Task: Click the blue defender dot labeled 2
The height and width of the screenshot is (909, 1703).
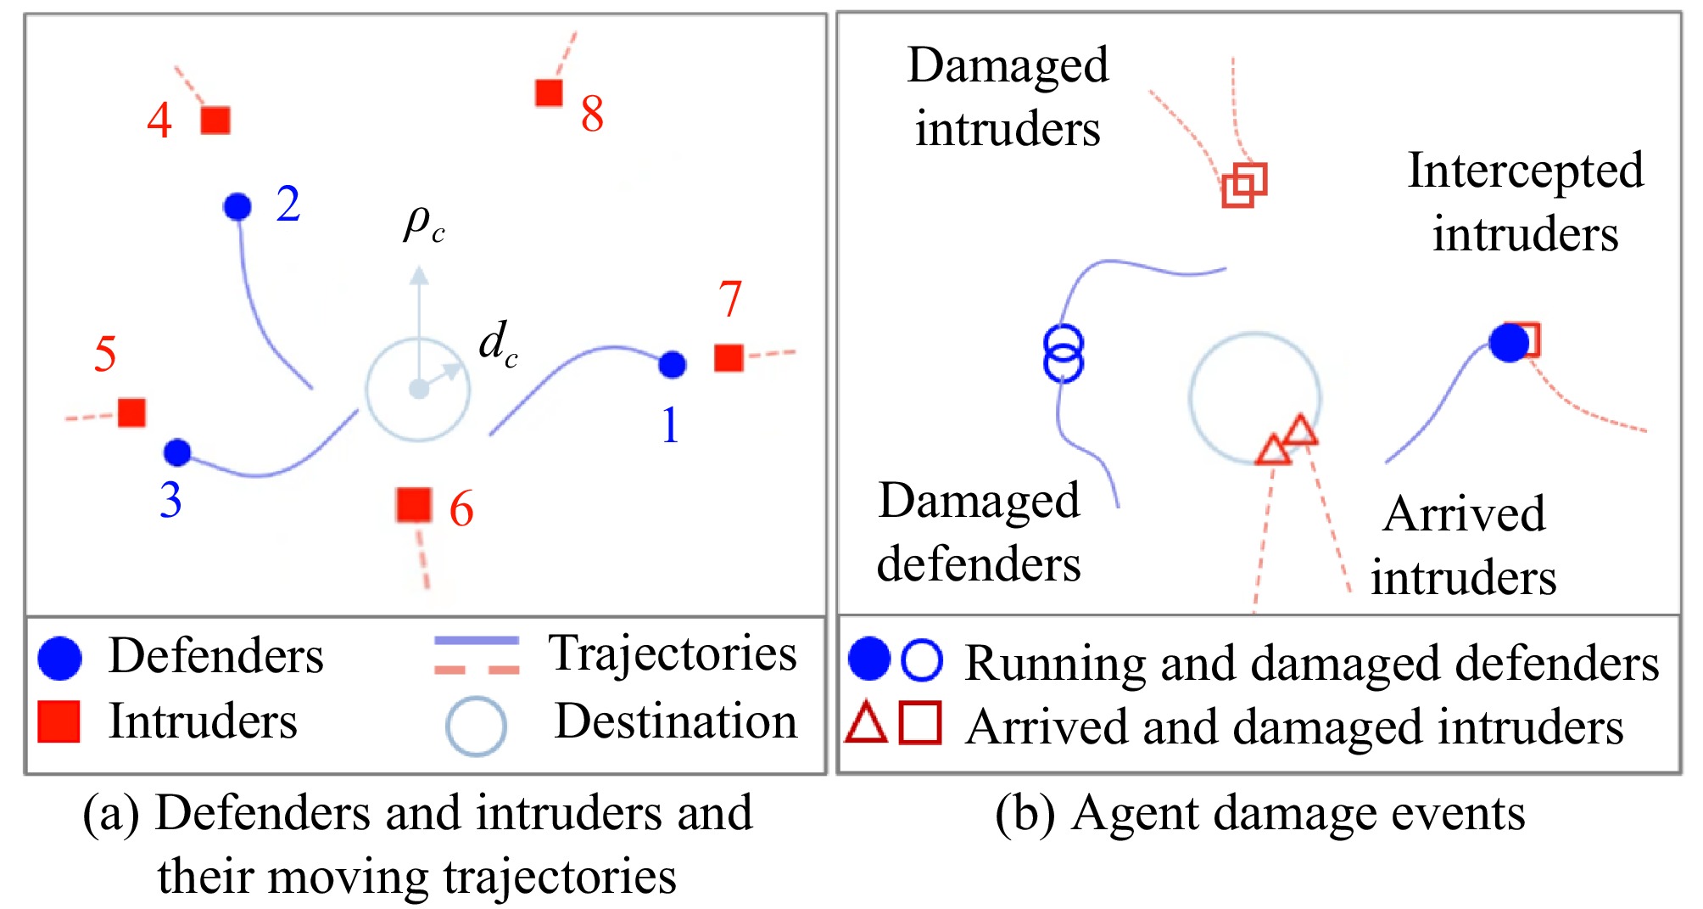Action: click(237, 206)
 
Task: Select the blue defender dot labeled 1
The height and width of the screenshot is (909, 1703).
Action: click(672, 365)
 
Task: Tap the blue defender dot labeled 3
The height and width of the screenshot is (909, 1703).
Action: click(177, 452)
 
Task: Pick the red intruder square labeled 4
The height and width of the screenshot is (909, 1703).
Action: click(215, 121)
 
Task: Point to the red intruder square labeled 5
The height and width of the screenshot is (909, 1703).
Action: click(131, 412)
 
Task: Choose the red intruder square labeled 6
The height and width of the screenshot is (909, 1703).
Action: click(414, 505)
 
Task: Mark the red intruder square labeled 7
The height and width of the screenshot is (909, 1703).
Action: click(729, 357)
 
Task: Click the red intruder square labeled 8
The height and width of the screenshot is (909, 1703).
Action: click(550, 93)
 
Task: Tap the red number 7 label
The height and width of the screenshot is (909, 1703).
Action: click(730, 299)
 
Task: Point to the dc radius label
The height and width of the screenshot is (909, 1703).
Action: click(498, 344)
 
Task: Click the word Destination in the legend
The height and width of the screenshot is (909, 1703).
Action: click(676, 721)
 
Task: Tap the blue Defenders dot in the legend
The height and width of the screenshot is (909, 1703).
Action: click(59, 658)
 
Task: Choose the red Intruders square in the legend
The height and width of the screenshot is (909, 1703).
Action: click(59, 722)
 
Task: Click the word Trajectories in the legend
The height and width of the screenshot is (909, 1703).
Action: click(673, 654)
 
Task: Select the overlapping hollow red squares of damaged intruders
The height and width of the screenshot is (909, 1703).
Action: click(1244, 185)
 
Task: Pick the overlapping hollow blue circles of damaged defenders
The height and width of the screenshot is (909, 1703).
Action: click(1063, 353)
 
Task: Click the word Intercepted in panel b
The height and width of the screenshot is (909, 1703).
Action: click(1526, 170)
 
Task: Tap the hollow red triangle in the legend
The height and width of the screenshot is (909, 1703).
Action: click(867, 724)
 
